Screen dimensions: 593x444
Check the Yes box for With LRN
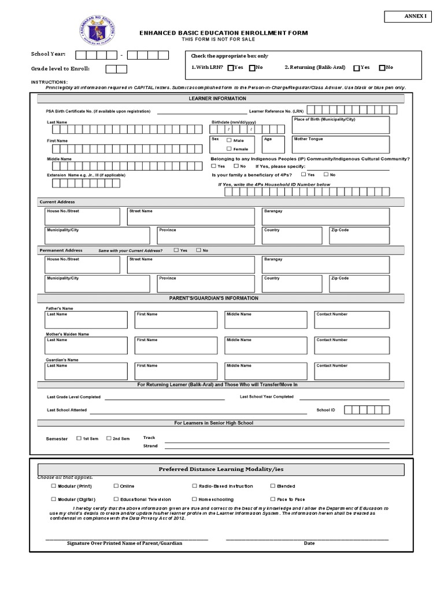(x=231, y=68)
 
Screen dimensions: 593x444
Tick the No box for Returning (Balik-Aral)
(x=382, y=68)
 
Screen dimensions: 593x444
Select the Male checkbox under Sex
(x=229, y=140)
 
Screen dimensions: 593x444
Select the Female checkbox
(x=229, y=149)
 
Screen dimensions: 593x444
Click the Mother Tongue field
(x=341, y=145)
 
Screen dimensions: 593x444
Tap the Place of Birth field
(x=341, y=125)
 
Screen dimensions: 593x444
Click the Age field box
(x=273, y=145)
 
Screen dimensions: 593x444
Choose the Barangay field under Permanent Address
(x=325, y=265)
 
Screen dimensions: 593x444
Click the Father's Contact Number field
(x=351, y=320)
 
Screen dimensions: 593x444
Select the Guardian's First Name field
(x=176, y=371)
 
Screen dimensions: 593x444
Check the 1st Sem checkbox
(x=79, y=438)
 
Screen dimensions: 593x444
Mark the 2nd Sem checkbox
(x=109, y=438)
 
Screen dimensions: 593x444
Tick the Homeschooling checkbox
(x=194, y=499)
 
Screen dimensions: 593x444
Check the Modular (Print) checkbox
(x=54, y=486)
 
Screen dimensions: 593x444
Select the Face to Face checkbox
(x=272, y=499)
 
